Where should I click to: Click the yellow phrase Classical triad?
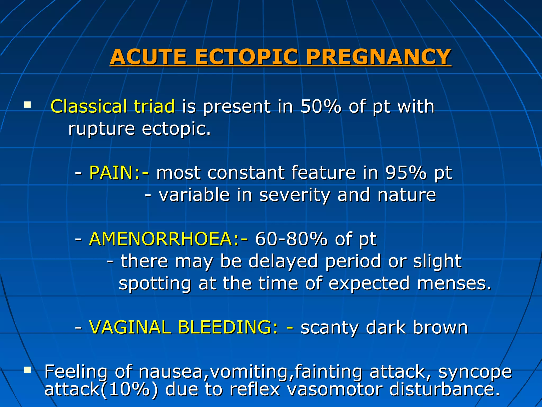[112, 107]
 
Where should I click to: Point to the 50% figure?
[321, 107]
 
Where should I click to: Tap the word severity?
[294, 195]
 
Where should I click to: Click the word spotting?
[155, 284]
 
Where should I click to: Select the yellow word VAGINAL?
[130, 328]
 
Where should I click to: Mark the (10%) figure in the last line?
[129, 390]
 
